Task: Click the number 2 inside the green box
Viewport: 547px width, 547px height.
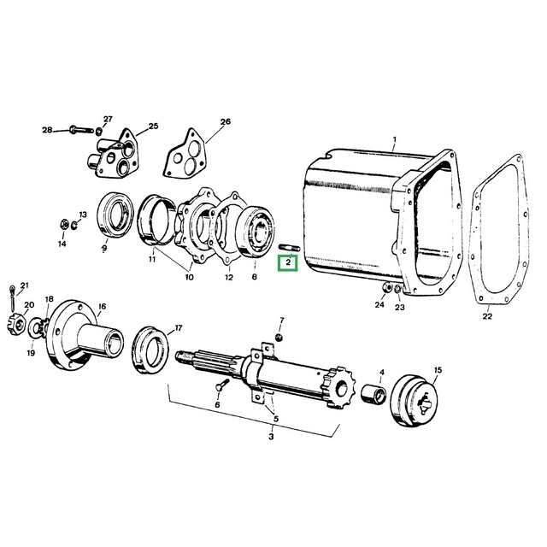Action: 288,262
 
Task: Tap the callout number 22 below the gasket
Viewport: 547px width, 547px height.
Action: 487,316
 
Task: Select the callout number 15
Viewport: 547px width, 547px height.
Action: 438,370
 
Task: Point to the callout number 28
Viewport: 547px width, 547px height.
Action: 47,130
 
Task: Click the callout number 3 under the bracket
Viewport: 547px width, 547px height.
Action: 271,437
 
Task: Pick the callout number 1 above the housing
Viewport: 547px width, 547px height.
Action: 395,140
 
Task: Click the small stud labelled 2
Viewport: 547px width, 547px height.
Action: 289,248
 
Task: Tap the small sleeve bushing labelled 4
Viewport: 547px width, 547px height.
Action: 373,393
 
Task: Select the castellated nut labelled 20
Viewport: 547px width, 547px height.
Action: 15,325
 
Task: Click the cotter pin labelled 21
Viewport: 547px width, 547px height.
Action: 13,298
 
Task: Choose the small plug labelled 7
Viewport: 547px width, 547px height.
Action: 279,338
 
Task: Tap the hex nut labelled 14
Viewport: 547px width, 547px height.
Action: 63,224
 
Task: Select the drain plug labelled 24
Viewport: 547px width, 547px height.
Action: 387,288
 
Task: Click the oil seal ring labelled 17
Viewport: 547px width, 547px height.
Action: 150,350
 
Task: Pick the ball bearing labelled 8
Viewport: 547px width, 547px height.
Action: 255,232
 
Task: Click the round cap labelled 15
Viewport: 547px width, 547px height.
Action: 415,400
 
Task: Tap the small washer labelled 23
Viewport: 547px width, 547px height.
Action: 398,289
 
